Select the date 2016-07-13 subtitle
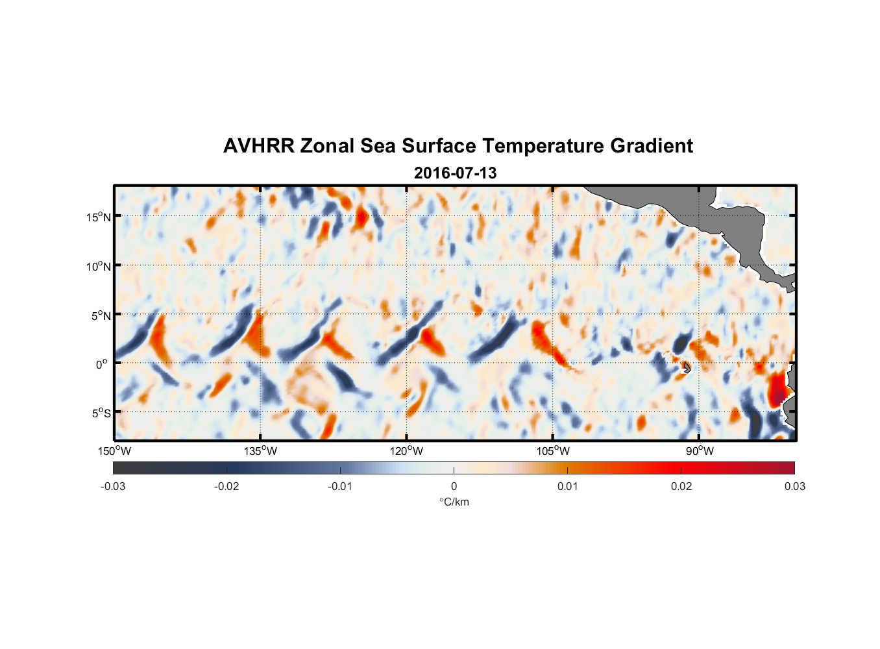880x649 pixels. [455, 173]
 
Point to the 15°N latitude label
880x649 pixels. [99, 217]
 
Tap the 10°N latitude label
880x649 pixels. [99, 266]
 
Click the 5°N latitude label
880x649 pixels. [101, 315]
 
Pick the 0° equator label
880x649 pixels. [102, 364]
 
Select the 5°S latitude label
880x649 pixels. [101, 413]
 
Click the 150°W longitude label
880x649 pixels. [115, 451]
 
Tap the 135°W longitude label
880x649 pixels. [261, 451]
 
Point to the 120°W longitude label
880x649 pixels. [407, 451]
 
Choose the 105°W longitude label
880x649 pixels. [553, 451]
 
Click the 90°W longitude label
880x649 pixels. [700, 451]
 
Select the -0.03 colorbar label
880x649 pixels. [113, 486]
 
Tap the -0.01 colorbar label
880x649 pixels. [340, 486]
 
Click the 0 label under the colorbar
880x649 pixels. [454, 486]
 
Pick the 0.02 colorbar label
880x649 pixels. [681, 486]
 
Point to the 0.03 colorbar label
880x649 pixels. [794, 486]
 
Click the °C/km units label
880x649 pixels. [454, 502]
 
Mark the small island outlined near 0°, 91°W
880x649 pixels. [687, 368]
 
